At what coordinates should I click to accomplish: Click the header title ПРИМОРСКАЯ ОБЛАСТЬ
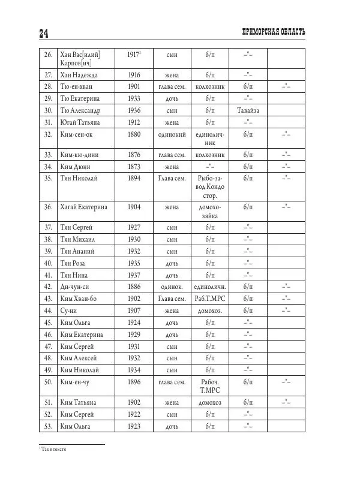click(272, 32)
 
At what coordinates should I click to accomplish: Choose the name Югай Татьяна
click(80, 122)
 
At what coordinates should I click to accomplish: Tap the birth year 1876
click(134, 155)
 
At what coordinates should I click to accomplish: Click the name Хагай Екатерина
click(84, 207)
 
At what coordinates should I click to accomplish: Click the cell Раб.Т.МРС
click(207, 299)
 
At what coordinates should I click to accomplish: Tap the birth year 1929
click(134, 334)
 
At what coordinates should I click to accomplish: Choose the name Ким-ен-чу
click(76, 381)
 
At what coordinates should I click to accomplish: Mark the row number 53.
click(48, 426)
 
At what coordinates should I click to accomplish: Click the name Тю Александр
click(81, 110)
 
